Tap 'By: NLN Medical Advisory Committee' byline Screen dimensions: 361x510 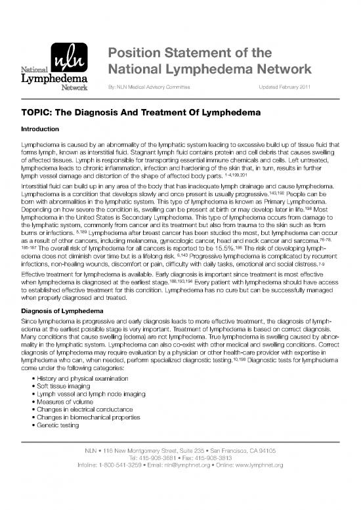pyautogui.click(x=158, y=87)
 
